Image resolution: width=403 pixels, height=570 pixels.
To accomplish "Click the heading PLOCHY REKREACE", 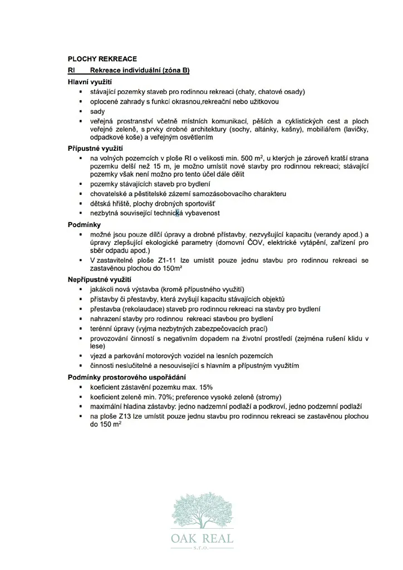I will (x=102, y=58).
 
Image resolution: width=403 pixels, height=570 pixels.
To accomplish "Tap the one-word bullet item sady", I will (x=97, y=111).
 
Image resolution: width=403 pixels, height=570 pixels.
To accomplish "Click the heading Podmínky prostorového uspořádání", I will (x=123, y=377).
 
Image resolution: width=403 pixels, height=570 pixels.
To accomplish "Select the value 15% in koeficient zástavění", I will (x=204, y=387).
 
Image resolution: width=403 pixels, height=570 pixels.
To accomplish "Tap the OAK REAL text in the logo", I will (x=202, y=539).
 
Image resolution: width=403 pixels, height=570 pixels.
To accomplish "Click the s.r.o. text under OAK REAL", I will (x=202, y=548).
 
